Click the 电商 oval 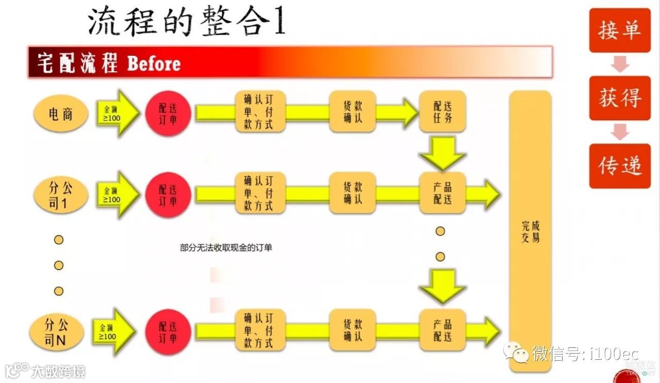[x=61, y=114]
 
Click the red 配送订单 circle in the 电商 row [x=168, y=114]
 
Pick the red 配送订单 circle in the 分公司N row [x=168, y=332]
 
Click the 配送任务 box [x=442, y=112]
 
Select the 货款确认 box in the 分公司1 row [x=353, y=193]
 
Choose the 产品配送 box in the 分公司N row [x=442, y=330]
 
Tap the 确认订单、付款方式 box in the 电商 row [x=260, y=112]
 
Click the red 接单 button [x=620, y=30]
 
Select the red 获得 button [x=620, y=98]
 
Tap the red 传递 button [x=620, y=166]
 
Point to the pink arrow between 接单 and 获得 [x=620, y=64]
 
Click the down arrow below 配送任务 [x=442, y=152]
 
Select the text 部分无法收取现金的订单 [x=226, y=248]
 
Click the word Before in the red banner [x=154, y=64]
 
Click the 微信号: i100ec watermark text [x=585, y=354]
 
